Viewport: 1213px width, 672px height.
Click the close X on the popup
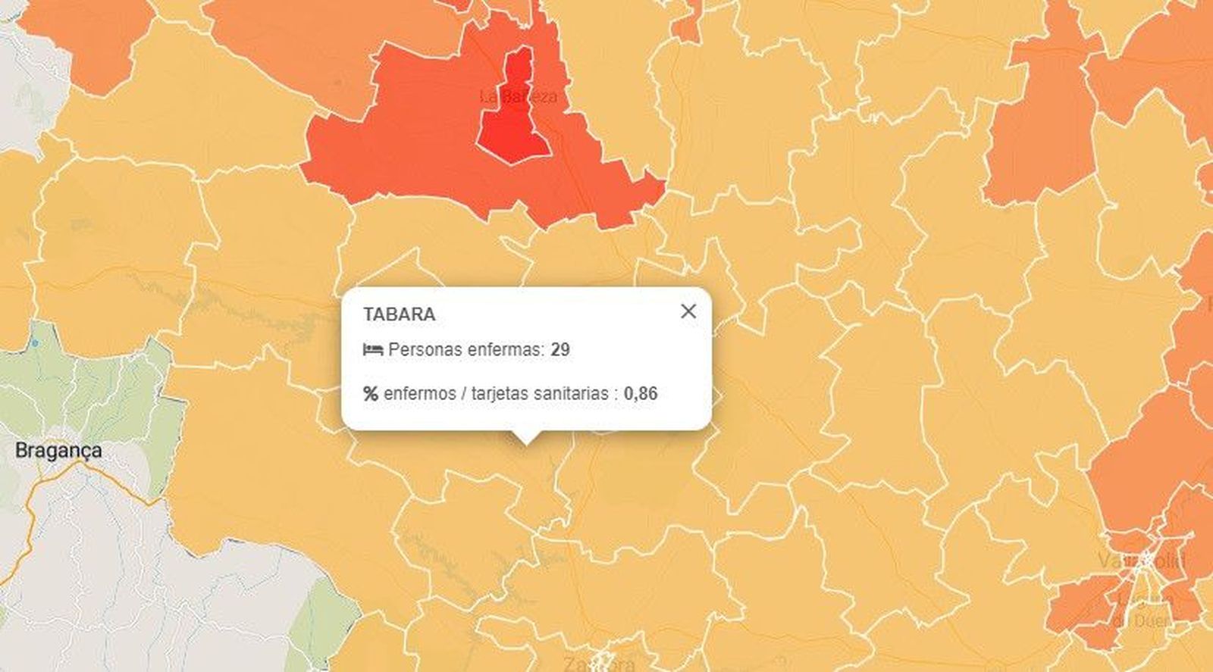click(688, 311)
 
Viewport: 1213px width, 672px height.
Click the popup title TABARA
click(399, 314)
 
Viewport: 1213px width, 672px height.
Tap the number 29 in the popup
click(560, 350)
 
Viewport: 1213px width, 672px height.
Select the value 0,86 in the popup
click(641, 394)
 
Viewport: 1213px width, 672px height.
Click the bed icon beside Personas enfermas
click(372, 350)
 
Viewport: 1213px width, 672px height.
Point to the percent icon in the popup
click(371, 394)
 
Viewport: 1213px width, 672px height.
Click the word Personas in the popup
click(426, 350)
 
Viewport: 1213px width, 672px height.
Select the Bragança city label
click(58, 450)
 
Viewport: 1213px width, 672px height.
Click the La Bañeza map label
click(519, 97)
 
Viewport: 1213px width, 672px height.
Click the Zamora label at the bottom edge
click(599, 664)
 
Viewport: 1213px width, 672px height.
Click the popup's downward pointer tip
click(526, 442)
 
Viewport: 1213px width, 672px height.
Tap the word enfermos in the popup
click(420, 394)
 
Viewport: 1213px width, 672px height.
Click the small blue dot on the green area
click(35, 343)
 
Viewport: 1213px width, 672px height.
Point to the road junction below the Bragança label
click(80, 467)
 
